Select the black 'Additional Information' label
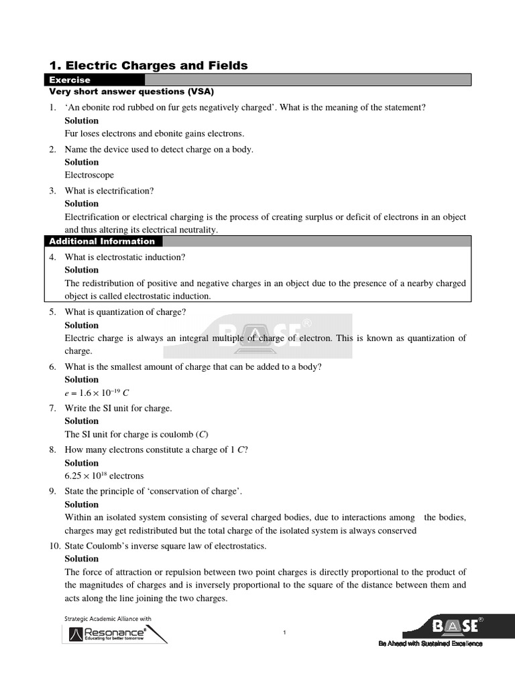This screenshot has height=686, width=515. coord(101,241)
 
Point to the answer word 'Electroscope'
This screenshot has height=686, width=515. coord(89,175)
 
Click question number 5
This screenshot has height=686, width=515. coord(52,312)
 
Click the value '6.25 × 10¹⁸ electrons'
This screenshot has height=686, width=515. coord(104,476)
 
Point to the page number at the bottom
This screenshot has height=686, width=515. coord(284,633)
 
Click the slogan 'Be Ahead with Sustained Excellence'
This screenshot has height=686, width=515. coord(430,644)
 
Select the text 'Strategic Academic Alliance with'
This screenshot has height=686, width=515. coord(108,618)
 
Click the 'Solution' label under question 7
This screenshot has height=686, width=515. coord(81,421)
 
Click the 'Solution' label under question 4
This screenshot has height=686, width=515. coord(81,270)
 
